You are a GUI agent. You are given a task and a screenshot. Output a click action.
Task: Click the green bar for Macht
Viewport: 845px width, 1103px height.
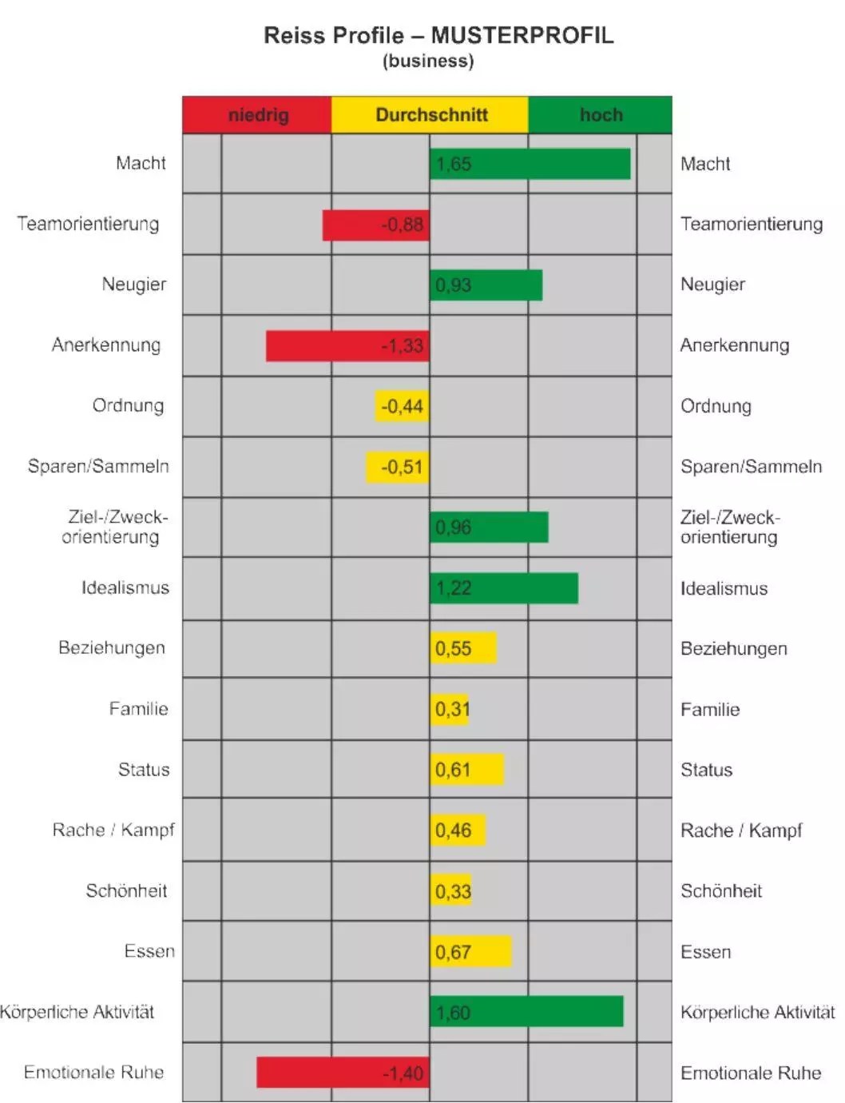point(530,164)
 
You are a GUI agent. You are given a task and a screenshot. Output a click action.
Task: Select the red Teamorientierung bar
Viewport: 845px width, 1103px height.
point(375,225)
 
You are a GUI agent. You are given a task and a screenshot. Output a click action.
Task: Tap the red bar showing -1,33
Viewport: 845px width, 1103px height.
point(347,346)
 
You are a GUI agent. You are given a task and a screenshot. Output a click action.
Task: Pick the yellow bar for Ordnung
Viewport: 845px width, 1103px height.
point(402,406)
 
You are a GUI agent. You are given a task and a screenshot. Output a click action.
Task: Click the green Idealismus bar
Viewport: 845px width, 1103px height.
point(503,588)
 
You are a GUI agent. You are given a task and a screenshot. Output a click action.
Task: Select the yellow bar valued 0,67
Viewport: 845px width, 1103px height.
point(470,952)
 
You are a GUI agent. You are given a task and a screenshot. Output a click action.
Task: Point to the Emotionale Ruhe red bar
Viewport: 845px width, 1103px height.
point(343,1073)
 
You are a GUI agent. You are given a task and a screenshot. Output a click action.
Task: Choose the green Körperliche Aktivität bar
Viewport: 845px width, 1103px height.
point(526,1012)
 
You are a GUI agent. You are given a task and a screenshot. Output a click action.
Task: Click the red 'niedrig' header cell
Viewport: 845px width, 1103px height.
point(257,115)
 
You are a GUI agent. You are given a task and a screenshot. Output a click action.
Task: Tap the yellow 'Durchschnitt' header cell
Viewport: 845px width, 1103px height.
point(430,115)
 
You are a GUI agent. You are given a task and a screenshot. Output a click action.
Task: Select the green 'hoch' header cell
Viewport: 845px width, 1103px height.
point(600,115)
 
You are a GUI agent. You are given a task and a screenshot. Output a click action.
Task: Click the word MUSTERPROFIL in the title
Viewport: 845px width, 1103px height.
point(522,36)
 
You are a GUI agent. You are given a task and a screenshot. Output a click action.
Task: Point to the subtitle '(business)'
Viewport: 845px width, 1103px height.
point(428,62)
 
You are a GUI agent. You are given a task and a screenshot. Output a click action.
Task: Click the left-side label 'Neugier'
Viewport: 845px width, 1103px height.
point(134,285)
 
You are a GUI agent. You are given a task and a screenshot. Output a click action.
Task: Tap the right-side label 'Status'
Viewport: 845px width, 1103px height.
point(706,770)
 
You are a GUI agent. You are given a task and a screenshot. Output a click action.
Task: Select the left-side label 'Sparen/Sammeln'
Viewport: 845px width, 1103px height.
point(98,467)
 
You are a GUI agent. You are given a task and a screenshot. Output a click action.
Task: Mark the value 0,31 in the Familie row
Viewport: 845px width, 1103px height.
point(452,710)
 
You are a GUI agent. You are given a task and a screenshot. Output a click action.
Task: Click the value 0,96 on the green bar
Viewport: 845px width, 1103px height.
point(453,528)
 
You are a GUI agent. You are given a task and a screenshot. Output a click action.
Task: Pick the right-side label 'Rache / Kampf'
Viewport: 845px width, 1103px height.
point(740,830)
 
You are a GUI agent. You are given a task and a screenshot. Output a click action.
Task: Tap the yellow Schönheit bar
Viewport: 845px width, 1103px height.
point(451,891)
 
